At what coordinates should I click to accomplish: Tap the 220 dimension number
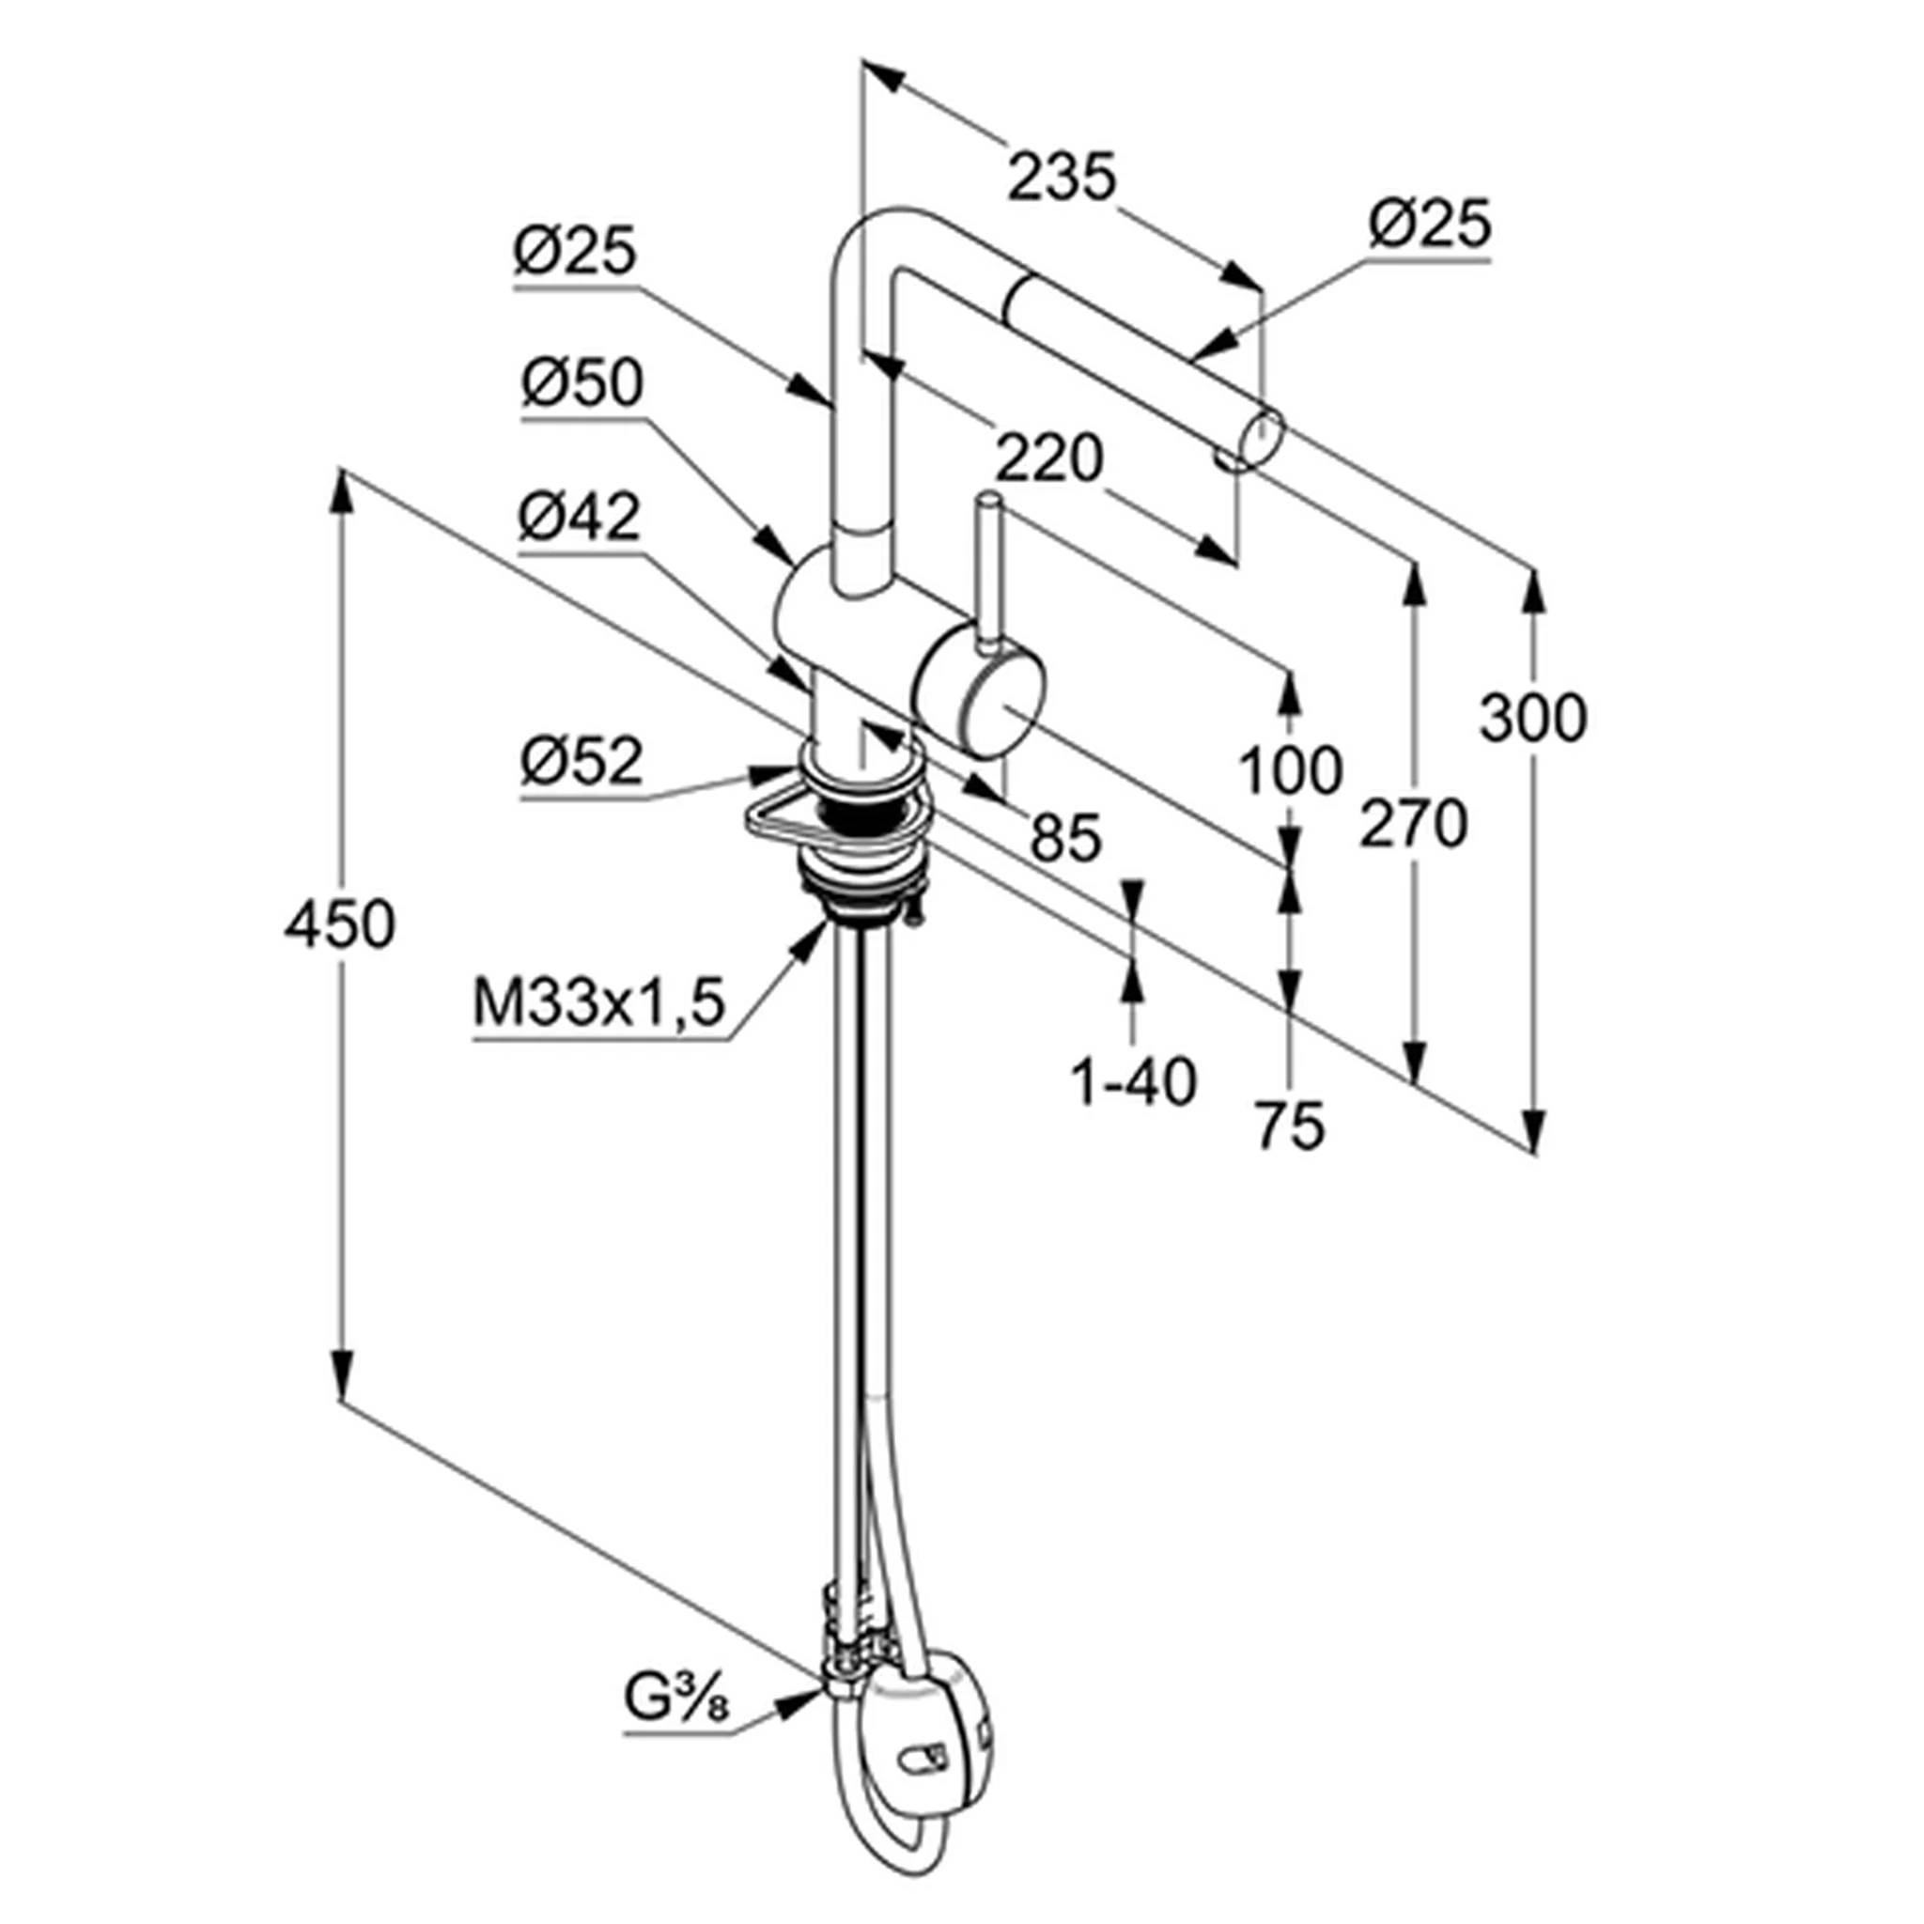point(1049,459)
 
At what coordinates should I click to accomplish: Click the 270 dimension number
point(1413,823)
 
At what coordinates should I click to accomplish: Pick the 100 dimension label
point(1291,769)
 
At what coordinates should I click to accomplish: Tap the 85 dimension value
point(1066,836)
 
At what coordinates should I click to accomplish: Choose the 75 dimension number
point(1290,1126)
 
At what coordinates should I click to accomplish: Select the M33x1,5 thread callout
point(597,1004)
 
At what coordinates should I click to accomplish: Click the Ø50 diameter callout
point(582,382)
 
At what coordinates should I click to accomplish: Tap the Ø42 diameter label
point(580,518)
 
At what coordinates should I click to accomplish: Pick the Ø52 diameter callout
point(582,762)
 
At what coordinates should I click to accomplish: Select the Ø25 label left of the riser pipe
point(575,251)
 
